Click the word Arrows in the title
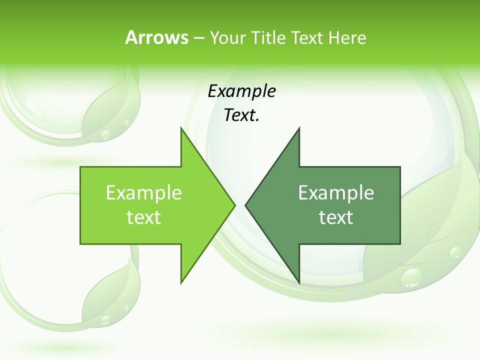tap(156, 37)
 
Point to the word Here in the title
tap(347, 37)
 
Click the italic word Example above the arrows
tap(242, 91)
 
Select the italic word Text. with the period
tap(242, 115)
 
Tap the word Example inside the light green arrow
tap(144, 193)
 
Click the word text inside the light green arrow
tap(144, 217)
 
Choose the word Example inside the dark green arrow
tap(336, 193)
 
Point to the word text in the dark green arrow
tap(336, 217)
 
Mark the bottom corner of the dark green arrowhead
tap(298, 282)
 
